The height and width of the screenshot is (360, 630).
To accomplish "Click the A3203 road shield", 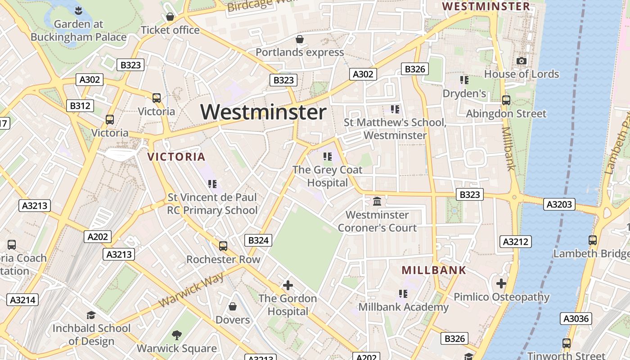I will pos(560,204).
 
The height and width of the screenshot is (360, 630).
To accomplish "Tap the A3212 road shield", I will pos(516,242).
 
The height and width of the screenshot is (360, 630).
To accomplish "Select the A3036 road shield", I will pos(576,319).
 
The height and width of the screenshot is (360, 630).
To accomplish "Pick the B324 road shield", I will pos(258,240).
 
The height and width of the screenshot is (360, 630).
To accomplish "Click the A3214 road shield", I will pos(23,300).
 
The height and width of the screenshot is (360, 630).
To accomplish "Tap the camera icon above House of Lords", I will pos(522,61).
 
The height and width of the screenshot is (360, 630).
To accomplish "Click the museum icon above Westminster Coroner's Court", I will pos(377,201).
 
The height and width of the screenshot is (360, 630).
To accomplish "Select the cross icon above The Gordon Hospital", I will pos(288,285).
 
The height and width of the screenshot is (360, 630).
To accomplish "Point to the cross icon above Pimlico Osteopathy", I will pos(501,283).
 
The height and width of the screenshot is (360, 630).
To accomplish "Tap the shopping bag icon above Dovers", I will pos(233,306).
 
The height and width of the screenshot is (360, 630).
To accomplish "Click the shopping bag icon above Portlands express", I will pos(300,39).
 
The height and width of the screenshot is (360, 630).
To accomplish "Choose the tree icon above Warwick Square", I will pos(177,335).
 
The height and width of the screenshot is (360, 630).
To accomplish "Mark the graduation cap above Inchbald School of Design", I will pos(91,315).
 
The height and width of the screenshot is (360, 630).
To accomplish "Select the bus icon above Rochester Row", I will pos(223,246).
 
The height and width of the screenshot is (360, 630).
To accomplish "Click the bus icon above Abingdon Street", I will pos(506,100).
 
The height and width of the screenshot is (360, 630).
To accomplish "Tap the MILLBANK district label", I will pos(434,270).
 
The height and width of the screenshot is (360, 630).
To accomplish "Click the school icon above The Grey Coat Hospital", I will pos(328,157).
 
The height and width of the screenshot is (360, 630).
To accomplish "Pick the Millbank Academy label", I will pos(403,307).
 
